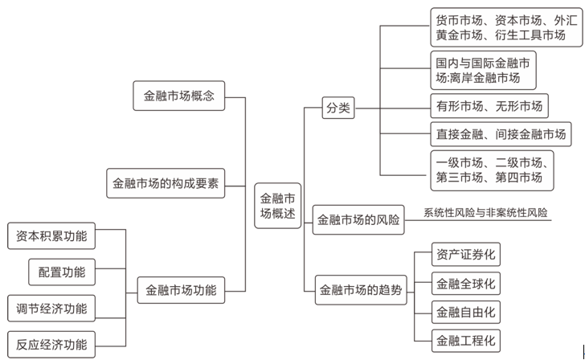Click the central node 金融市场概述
278,206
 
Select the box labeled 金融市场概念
178,96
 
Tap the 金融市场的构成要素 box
166,183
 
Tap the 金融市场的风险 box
358,219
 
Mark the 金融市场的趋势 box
359,289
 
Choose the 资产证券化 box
465,255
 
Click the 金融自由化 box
465,311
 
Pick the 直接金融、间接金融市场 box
500,134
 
